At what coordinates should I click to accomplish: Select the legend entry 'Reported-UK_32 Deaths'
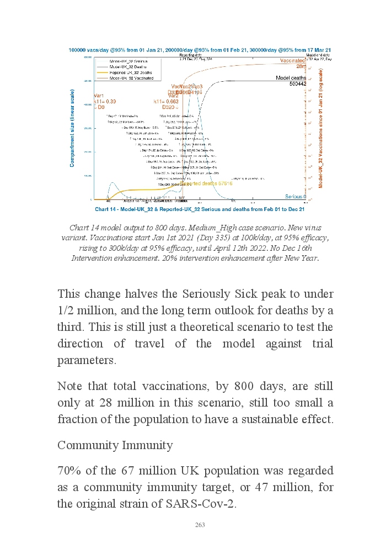pos(131,72)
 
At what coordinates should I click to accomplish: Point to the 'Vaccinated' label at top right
pos(294,60)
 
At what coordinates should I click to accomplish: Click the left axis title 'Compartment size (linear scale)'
pos(72,128)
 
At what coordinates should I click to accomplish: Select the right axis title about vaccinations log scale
pos(320,128)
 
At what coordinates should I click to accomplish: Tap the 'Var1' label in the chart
pos(99,96)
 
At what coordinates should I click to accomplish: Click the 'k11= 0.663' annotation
pos(165,102)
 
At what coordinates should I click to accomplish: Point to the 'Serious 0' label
pos(295,197)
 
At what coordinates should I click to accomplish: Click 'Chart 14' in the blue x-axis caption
pos(109,210)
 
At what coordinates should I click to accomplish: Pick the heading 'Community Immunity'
pos(115,445)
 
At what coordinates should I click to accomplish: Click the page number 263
pos(200,525)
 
